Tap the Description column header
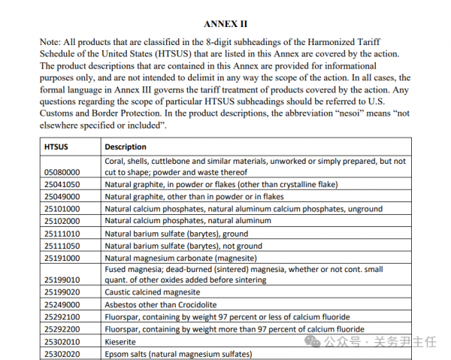click(x=126, y=147)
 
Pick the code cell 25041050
click(x=62, y=184)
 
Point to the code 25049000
click(x=62, y=196)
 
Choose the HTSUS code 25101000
click(x=62, y=209)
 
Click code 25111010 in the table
click(x=62, y=233)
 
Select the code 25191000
click(x=62, y=258)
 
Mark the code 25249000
click(x=62, y=305)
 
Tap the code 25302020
click(x=62, y=353)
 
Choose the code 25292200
click(x=62, y=329)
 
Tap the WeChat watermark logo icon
click(x=313, y=341)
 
